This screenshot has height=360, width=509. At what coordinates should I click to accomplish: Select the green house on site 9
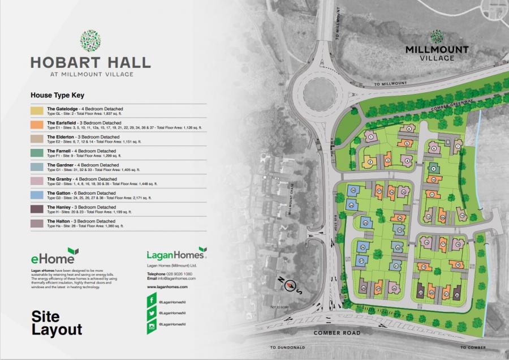433,168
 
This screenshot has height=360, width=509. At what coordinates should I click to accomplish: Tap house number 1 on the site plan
370,136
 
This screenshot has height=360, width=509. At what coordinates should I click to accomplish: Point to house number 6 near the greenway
408,130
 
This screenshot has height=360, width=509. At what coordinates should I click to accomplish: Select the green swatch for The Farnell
37,153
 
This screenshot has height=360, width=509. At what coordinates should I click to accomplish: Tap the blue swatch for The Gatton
37,195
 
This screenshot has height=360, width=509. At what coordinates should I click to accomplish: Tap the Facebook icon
152,299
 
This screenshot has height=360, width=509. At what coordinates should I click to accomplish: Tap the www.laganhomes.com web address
167,287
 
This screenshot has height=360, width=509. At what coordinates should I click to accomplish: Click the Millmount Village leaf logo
437,37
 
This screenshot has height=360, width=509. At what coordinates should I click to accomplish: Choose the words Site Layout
57,323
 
